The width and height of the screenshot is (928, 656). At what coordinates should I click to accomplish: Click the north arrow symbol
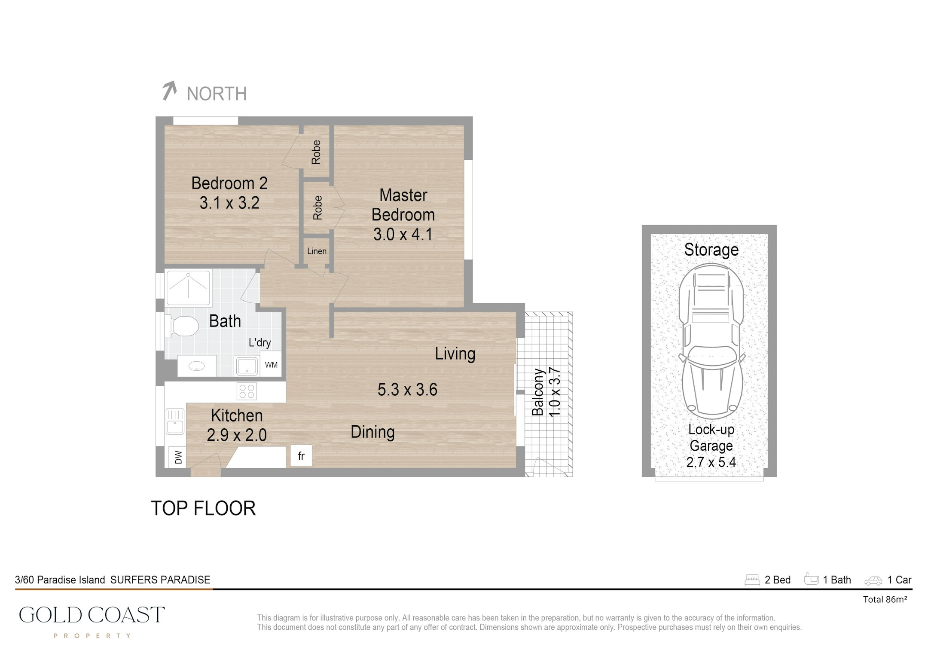click(x=170, y=91)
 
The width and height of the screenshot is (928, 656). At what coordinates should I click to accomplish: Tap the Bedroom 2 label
click(x=229, y=183)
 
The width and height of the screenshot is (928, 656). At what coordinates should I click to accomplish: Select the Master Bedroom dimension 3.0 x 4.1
click(x=403, y=235)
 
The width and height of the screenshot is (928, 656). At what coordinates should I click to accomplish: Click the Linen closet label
click(x=317, y=251)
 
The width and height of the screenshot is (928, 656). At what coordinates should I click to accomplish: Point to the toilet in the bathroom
click(x=181, y=326)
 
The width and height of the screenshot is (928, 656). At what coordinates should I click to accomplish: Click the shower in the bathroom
click(x=189, y=287)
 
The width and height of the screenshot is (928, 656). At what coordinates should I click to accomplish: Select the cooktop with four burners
click(x=247, y=391)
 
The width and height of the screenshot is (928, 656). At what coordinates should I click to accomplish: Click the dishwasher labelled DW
click(x=178, y=457)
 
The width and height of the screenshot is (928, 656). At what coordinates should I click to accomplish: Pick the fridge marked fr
click(x=301, y=456)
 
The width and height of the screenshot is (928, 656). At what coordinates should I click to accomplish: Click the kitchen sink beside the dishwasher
click(x=175, y=421)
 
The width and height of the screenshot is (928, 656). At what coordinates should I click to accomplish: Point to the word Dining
click(x=372, y=432)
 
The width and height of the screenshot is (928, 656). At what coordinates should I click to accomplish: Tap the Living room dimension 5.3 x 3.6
click(x=407, y=390)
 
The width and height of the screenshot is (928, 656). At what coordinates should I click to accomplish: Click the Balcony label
click(x=538, y=392)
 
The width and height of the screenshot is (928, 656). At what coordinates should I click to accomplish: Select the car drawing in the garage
click(x=711, y=342)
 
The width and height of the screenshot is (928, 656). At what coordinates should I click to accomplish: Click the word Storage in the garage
click(x=711, y=250)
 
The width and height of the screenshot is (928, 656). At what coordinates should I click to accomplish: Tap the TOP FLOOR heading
click(x=203, y=509)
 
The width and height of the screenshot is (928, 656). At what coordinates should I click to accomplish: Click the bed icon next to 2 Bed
click(x=752, y=580)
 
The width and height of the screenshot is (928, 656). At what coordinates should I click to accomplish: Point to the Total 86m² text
click(x=885, y=600)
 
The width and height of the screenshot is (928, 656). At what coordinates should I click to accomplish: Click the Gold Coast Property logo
click(x=92, y=621)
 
